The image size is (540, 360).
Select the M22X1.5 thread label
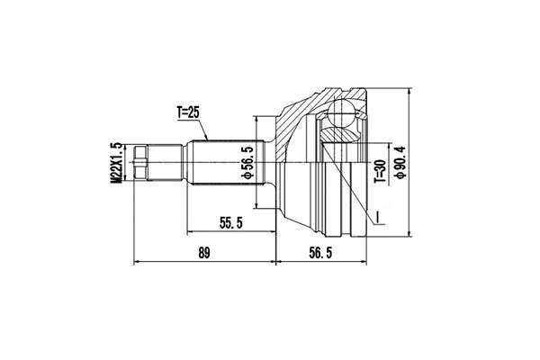(115, 163)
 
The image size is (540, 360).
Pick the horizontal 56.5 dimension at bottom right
(321, 254)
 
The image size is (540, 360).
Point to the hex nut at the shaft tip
(139, 164)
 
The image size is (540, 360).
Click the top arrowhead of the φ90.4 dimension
(408, 87)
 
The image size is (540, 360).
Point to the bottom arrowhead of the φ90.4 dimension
(408, 240)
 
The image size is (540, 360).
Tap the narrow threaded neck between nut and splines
(167, 164)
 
